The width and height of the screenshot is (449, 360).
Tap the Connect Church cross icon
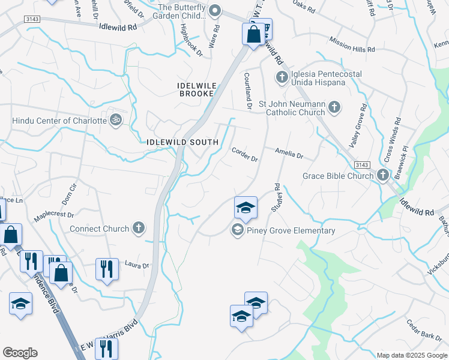tap(139, 228)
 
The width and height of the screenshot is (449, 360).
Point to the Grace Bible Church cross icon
tap(383, 175)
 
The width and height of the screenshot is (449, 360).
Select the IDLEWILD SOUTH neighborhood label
tap(182, 142)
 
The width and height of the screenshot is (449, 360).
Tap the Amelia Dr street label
tap(289, 154)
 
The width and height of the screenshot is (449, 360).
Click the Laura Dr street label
tap(136, 265)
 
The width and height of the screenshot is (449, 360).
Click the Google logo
tap(20, 353)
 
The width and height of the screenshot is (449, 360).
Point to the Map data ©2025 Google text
tap(411, 355)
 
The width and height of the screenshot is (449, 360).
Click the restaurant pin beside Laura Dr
tap(106, 268)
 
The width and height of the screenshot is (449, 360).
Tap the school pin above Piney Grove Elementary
tap(246, 208)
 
